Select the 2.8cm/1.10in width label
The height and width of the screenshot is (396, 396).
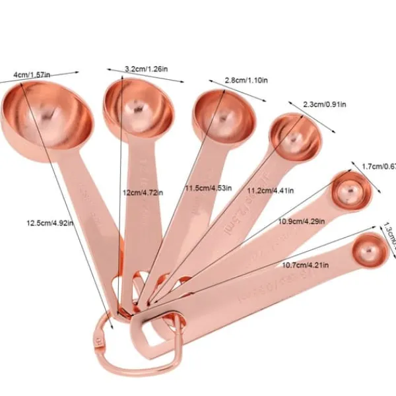(x=246, y=81)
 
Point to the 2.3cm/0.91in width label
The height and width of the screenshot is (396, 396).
(x=325, y=104)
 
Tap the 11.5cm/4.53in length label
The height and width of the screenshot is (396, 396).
(x=209, y=188)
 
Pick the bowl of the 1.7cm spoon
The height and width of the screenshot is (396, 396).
(x=348, y=189)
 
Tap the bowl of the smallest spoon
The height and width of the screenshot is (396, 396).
(x=368, y=250)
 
